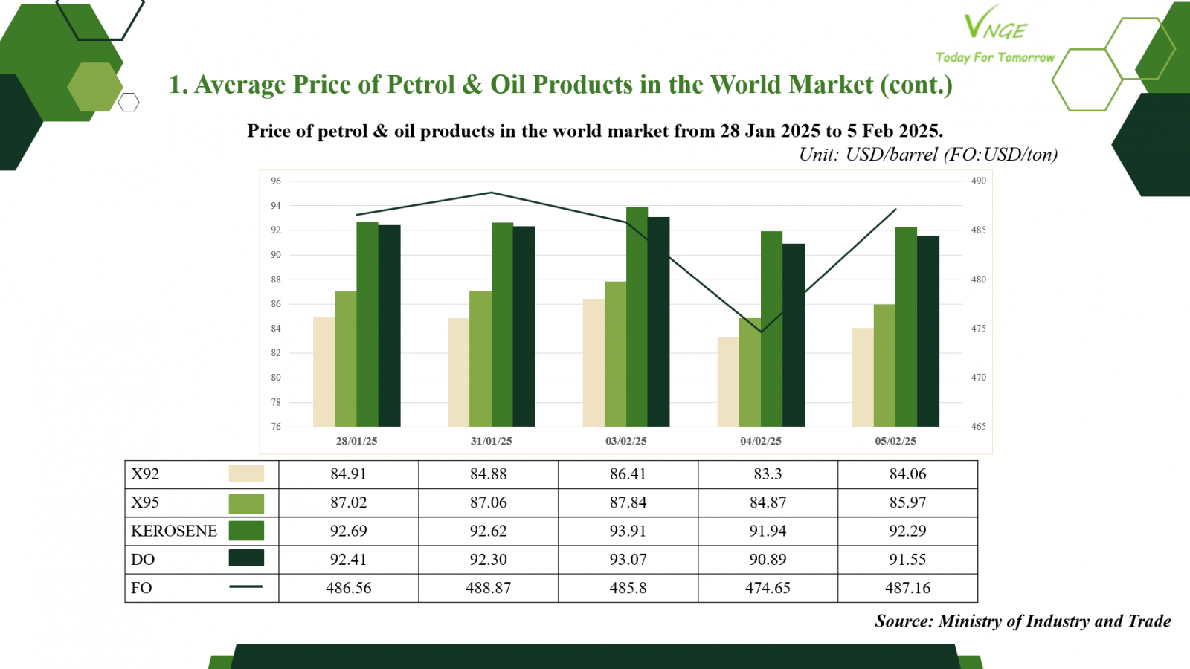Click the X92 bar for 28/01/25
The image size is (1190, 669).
[324, 372]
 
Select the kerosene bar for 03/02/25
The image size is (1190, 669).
[637, 317]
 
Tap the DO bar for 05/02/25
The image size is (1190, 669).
[928, 331]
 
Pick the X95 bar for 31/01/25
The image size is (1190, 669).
[480, 358]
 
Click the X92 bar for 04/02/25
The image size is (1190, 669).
[728, 382]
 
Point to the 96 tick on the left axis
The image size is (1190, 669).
[276, 181]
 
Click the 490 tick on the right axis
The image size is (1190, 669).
[979, 181]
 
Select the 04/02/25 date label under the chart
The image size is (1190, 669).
[761, 441]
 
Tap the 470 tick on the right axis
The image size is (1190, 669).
[979, 378]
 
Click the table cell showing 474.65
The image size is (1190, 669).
[768, 588]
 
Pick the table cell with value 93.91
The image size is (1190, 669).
[628, 531]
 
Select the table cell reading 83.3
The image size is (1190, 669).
[768, 474]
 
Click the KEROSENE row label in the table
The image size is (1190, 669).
[174, 531]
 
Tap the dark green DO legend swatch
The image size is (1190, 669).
[246, 558]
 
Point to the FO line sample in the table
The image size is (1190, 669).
[246, 586]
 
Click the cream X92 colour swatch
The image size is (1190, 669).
[246, 473]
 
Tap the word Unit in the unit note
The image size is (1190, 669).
[819, 155]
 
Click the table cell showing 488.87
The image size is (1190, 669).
[488, 588]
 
